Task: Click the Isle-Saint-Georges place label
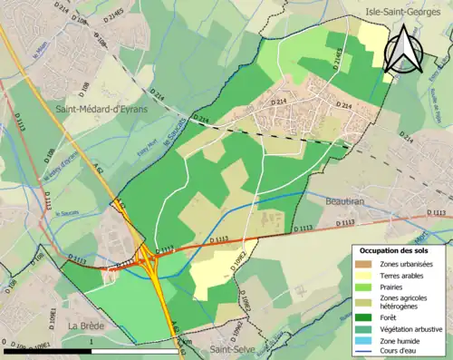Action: click(x=407, y=11)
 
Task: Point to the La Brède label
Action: click(x=87, y=324)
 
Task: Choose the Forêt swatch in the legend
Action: click(x=367, y=317)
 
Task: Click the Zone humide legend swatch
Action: click(x=367, y=341)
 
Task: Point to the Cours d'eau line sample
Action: click(x=367, y=353)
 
